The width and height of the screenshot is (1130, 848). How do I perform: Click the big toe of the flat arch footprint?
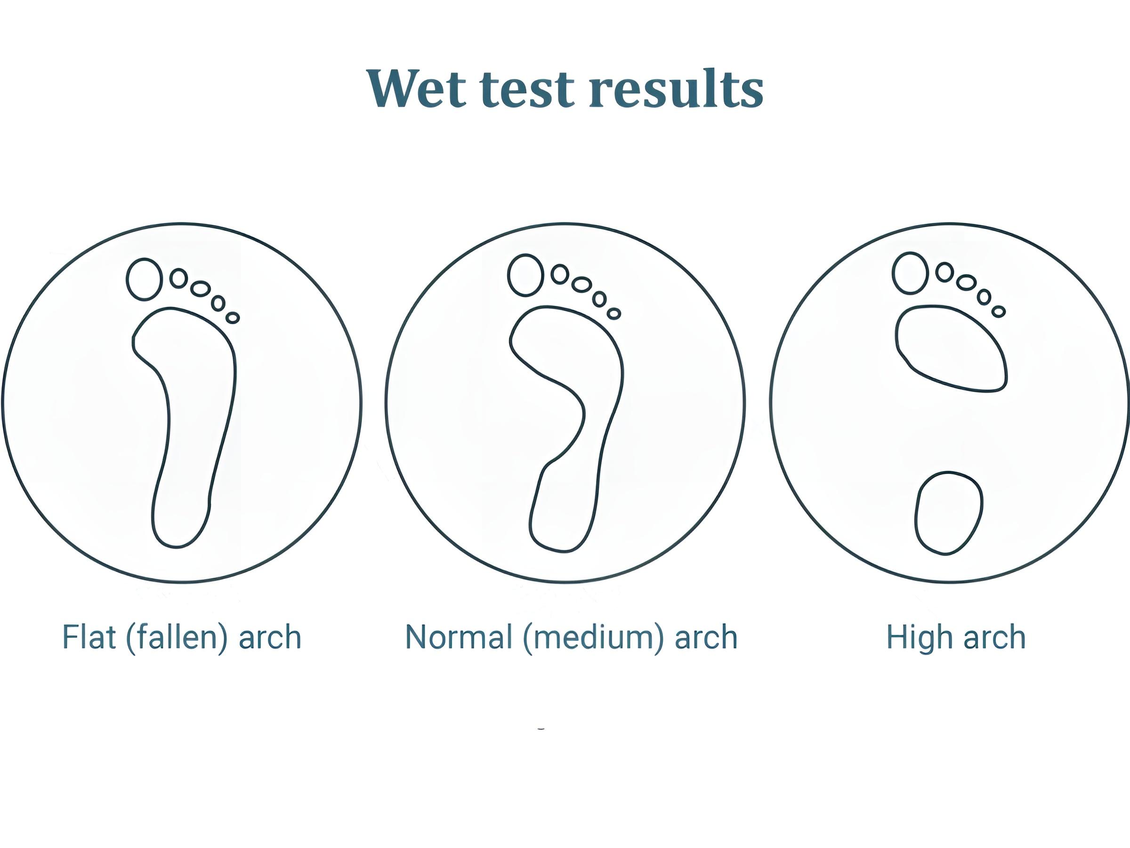point(144,279)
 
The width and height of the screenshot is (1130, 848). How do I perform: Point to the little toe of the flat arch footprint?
point(233,318)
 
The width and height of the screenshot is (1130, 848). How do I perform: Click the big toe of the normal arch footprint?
point(525,275)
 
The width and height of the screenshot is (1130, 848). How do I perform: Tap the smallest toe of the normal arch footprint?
point(614,313)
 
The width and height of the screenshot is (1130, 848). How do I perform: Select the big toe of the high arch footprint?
point(910,273)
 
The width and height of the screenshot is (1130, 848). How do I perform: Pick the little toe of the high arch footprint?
point(999,311)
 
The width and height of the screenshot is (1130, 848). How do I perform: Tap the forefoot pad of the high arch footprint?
point(951,349)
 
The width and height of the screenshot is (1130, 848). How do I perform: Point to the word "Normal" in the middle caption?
point(459,637)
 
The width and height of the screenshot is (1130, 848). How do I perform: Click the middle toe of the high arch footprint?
point(967,283)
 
